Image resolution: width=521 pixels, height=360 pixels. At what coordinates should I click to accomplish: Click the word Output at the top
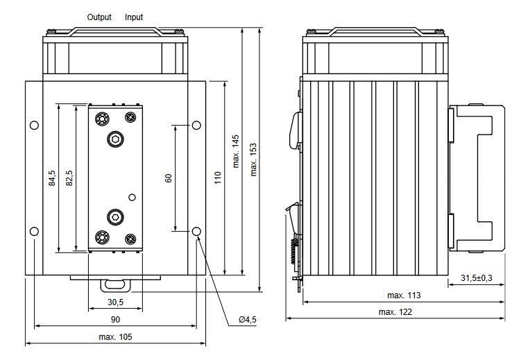[x=99, y=17]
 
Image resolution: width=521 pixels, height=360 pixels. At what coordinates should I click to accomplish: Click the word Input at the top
[x=134, y=17]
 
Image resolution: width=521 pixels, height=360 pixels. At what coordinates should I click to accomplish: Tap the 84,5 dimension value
[x=52, y=178]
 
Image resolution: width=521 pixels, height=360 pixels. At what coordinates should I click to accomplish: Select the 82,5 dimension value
[x=69, y=178]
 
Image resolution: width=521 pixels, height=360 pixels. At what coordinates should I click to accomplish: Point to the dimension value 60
[x=169, y=178]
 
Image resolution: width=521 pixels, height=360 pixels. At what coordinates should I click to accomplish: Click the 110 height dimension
[x=218, y=178]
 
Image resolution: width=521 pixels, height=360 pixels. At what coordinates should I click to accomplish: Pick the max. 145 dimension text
[x=236, y=151]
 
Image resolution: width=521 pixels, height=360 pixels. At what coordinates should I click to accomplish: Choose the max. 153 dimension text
[x=253, y=160]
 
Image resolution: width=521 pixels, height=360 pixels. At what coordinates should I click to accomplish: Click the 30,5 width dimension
[x=115, y=302]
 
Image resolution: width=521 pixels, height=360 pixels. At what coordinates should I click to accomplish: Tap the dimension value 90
[x=115, y=320]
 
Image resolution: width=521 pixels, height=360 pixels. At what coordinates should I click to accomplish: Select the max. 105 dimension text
[x=115, y=336]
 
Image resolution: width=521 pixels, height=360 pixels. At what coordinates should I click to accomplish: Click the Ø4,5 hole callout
[x=248, y=320]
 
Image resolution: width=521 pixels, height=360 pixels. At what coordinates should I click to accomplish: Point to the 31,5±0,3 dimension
[x=477, y=277]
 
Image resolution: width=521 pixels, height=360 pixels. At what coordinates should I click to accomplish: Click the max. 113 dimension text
[x=404, y=295]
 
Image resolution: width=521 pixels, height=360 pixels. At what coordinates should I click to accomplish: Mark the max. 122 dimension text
[x=395, y=312]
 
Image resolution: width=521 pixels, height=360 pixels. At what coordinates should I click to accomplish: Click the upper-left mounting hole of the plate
[x=34, y=126]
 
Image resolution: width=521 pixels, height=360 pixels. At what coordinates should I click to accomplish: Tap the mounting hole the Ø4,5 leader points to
[x=196, y=231]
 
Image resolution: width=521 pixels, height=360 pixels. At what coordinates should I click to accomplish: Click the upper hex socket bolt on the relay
[x=115, y=139]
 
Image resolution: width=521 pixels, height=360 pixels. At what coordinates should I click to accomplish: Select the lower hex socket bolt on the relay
[x=115, y=217]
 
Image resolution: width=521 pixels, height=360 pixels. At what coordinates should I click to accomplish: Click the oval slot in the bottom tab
[x=115, y=284]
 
